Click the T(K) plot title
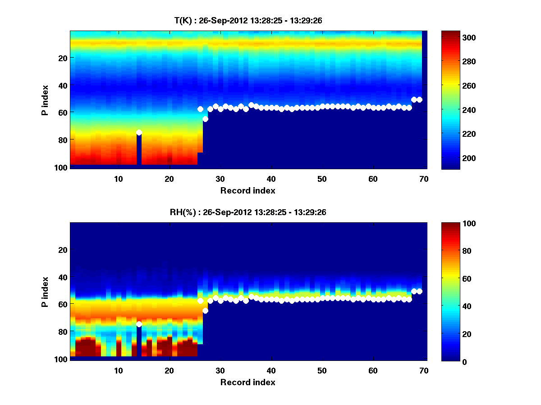pos(248,20)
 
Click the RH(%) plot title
pos(248,212)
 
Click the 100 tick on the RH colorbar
pos(467,224)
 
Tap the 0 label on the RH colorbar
pos(463,361)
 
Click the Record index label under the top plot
pos(248,190)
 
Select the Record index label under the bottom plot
pos(248,382)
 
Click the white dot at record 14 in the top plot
pos(139,132)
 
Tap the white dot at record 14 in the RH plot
pos(139,324)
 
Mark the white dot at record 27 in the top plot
pos(205,119)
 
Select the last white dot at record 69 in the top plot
pos(419,99)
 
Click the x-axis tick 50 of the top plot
pos(322,179)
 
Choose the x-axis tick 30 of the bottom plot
pos(220,370)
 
